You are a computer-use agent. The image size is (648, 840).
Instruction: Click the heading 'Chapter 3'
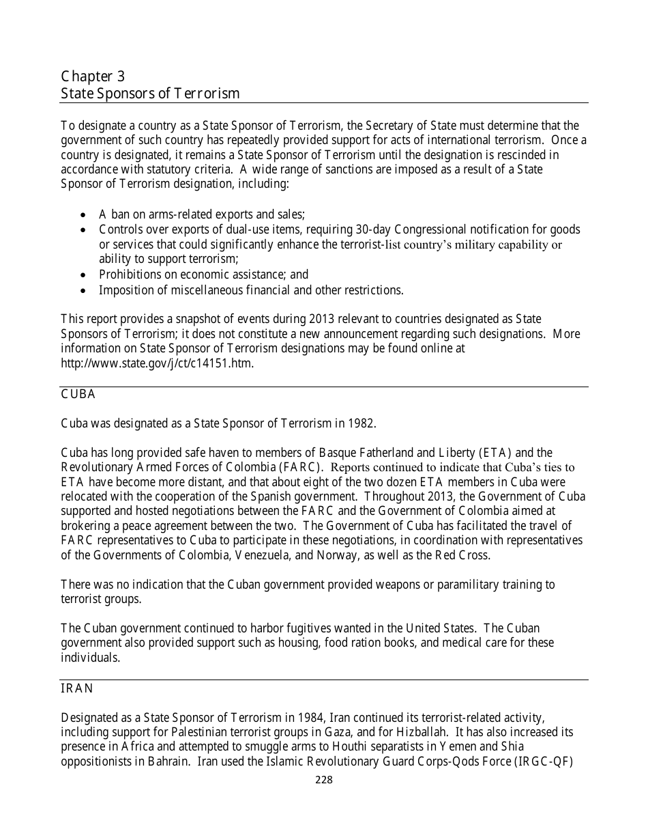point(93,76)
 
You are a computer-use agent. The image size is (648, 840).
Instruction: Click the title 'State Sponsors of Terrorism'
point(150,94)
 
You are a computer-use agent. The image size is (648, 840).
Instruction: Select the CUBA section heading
point(78,395)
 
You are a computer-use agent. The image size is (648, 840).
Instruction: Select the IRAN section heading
point(77,688)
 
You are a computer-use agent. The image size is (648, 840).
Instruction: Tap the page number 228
point(324,780)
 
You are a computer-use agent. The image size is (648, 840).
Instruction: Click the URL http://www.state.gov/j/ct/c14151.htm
point(158,363)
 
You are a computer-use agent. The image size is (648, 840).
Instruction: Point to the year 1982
point(360,423)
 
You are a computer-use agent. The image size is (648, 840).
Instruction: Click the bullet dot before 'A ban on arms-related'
point(83,214)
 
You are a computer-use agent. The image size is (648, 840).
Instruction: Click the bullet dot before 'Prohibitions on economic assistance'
point(83,275)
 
